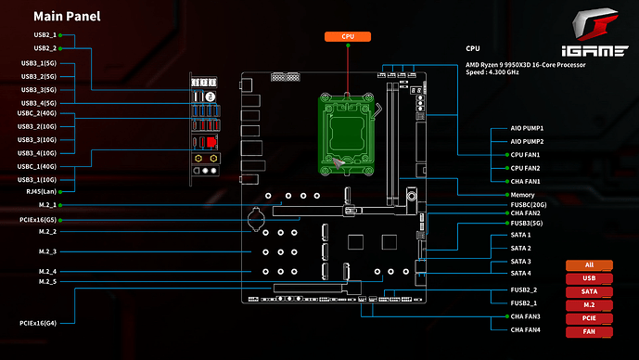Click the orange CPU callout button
coord(348,37)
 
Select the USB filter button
coord(589,278)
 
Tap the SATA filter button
coord(589,292)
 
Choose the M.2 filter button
coord(589,305)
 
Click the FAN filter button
coord(589,332)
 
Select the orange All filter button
coord(589,265)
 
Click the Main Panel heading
coord(67,17)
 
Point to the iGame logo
coord(595,32)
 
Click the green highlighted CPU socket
coord(347,135)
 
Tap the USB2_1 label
coord(45,35)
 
